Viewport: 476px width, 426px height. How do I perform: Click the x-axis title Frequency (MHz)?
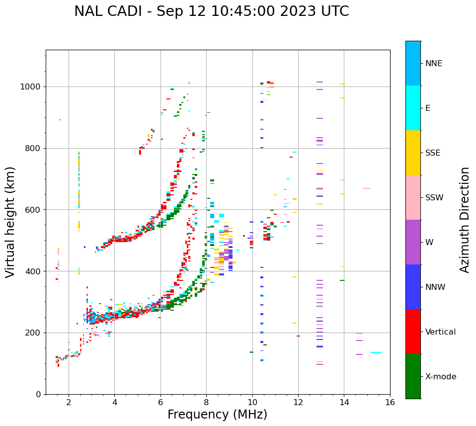pos(217,415)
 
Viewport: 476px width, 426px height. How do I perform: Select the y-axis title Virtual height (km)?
pos(10,222)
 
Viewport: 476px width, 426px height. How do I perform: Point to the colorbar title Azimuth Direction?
pos(465,220)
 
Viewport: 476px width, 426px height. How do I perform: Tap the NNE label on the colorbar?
pos(433,64)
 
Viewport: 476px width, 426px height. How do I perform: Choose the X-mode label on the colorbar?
pos(440,377)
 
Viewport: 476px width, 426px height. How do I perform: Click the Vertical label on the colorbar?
pos(440,332)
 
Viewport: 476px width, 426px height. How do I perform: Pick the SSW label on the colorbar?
pos(434,198)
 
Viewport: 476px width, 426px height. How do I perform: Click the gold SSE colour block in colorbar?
pos(413,152)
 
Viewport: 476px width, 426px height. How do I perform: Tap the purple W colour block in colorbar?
pos(413,242)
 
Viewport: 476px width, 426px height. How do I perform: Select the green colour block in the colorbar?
pos(413,376)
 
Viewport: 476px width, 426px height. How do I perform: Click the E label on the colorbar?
pos(428,108)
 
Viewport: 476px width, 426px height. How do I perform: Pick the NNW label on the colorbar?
pos(435,287)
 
